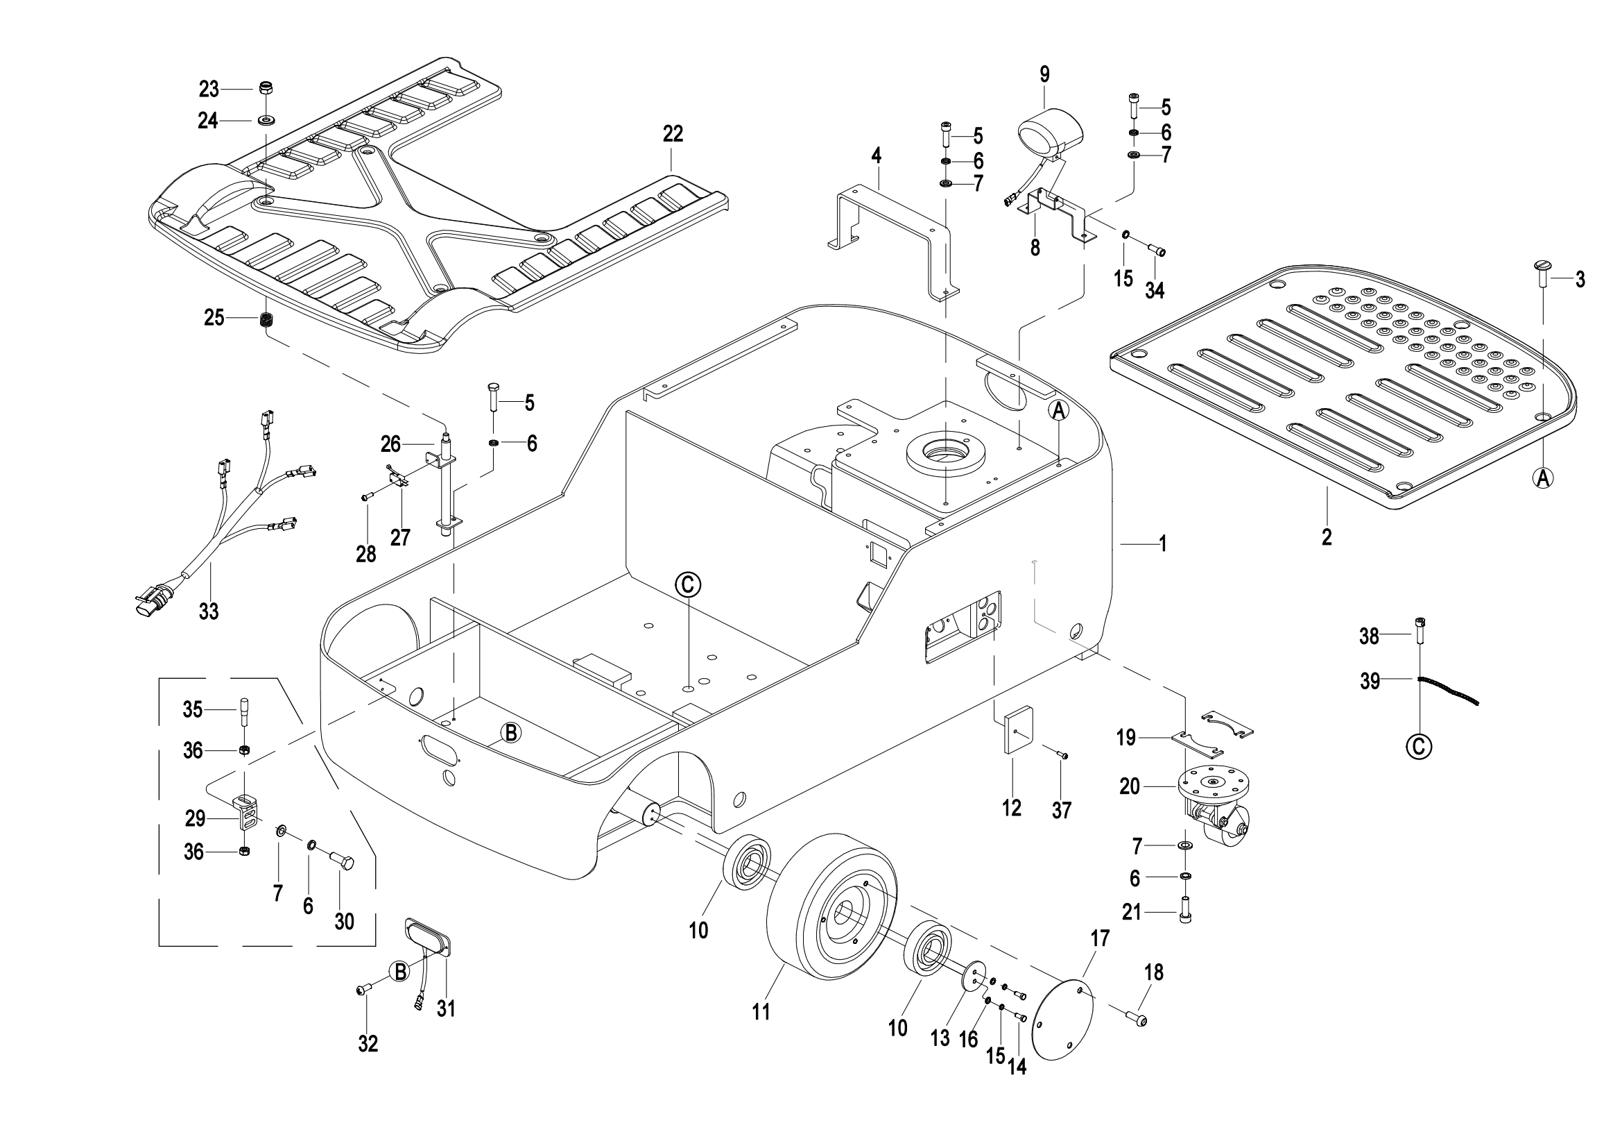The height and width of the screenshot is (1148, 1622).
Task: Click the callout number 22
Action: [673, 133]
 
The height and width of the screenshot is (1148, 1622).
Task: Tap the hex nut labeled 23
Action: [266, 89]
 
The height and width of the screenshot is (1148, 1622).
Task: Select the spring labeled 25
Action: [267, 319]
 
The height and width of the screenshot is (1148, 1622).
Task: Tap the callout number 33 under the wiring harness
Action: [209, 611]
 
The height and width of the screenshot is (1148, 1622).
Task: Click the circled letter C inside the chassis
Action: [687, 584]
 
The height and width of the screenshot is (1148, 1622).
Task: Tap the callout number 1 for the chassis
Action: [1162, 543]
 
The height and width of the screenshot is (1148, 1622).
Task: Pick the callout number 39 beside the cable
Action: [1370, 681]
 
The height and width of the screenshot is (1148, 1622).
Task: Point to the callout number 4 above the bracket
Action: [876, 155]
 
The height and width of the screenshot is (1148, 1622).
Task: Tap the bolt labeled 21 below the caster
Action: [1184, 913]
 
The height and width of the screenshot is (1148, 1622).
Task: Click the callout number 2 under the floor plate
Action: [1327, 537]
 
